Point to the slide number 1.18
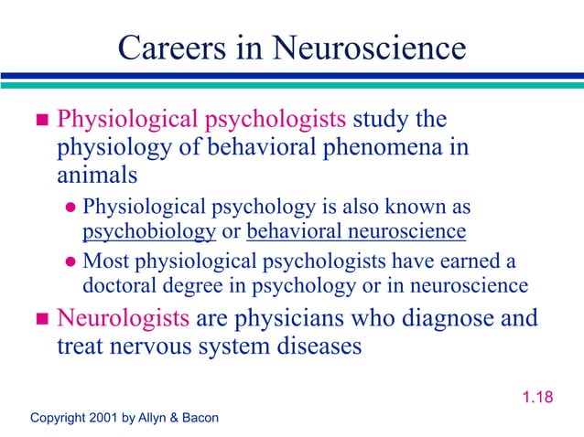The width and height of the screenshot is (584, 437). tap(537, 398)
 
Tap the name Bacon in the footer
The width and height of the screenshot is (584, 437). tap(199, 418)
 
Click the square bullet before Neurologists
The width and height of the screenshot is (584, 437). tap(39, 320)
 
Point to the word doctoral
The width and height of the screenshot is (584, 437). tap(119, 285)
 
